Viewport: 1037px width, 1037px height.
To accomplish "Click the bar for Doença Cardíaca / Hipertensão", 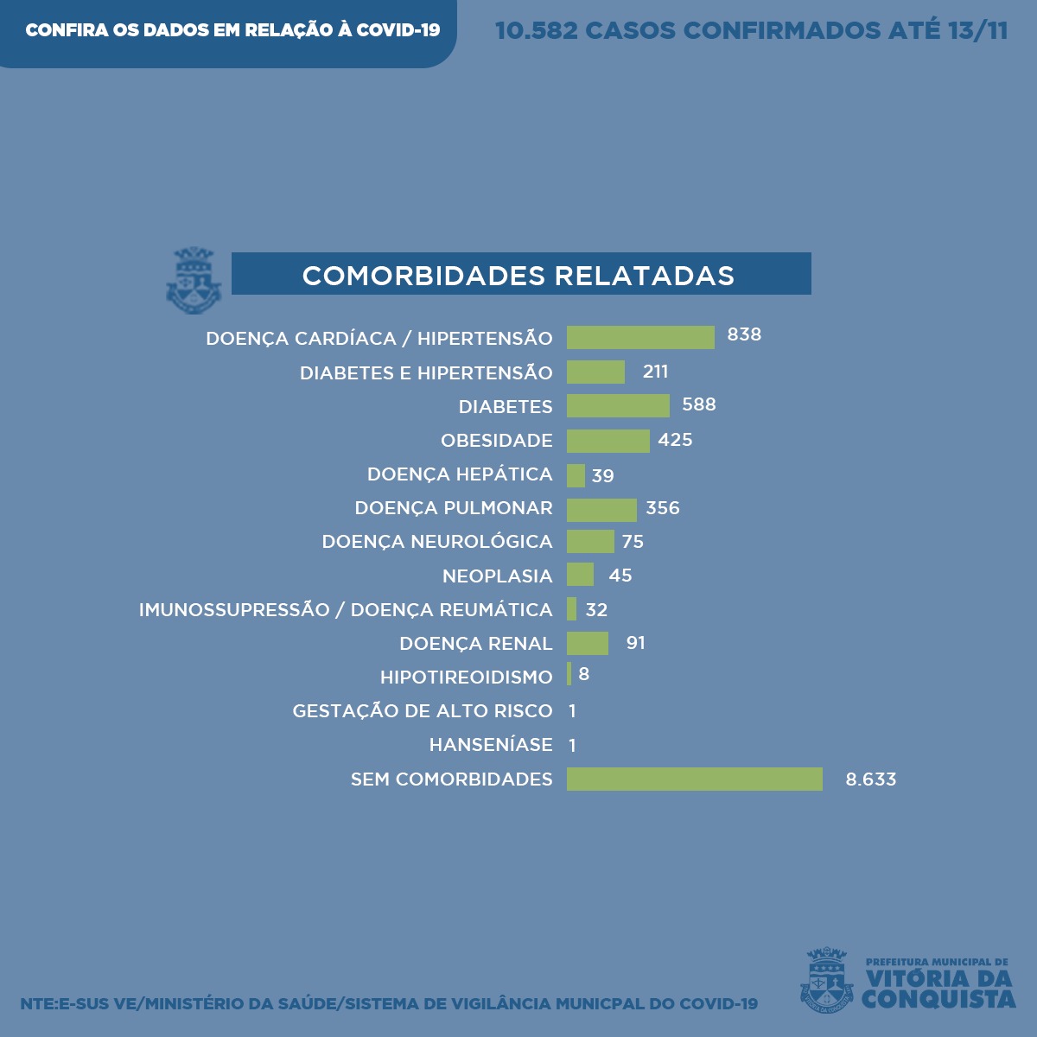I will (640, 338).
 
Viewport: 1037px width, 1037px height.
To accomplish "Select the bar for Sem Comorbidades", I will (694, 779).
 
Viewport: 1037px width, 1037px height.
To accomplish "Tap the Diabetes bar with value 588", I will (618, 406).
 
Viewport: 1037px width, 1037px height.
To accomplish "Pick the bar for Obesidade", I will (608, 441).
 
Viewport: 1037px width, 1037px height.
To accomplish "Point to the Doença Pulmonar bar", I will (601, 509).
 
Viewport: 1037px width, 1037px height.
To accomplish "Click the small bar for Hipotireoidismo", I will (569, 674).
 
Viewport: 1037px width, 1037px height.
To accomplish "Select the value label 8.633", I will (870, 779).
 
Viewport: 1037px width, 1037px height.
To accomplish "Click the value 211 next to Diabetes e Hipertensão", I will (655, 372).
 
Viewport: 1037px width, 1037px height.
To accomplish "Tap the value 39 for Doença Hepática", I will (602, 475).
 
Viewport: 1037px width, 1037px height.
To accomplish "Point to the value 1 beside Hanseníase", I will (572, 745).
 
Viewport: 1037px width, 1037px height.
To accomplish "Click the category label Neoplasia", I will (497, 576).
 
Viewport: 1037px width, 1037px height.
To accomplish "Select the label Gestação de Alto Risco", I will (422, 711).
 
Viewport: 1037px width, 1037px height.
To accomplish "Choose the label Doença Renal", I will (475, 644).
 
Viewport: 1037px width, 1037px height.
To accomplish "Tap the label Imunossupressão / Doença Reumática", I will (345, 610).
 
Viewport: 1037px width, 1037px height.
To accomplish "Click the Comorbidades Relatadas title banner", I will (520, 275).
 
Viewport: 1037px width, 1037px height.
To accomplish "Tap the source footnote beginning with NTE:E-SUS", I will (389, 1004).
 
